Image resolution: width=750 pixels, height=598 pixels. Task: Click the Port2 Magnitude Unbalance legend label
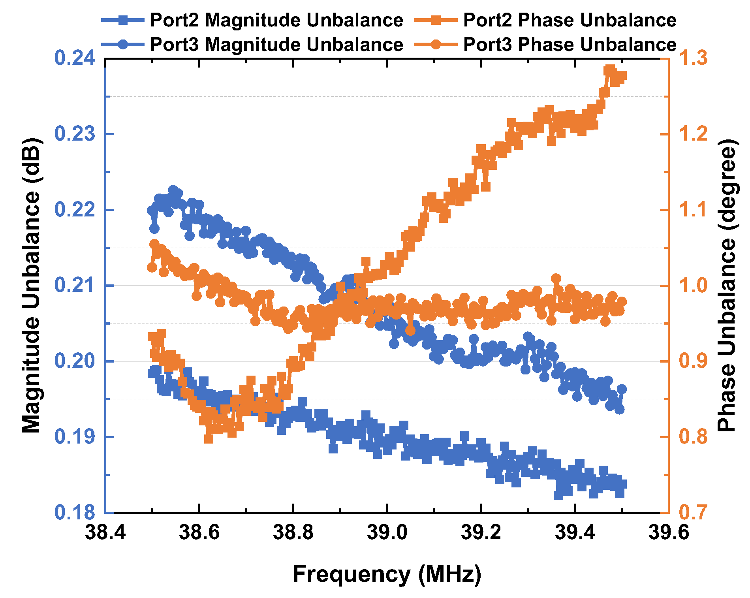point(276,20)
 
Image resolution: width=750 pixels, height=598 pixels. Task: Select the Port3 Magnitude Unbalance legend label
point(276,44)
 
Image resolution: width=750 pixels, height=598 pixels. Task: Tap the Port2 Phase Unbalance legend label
point(570,20)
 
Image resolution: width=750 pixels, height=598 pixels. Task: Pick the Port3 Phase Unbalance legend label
point(570,44)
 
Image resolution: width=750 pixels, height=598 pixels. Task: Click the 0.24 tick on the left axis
point(75,58)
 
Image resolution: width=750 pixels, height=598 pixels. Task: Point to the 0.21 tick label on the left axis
point(75,285)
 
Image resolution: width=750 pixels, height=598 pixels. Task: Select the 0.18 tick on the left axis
point(75,512)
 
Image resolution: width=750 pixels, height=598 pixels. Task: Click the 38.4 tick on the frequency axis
point(105,533)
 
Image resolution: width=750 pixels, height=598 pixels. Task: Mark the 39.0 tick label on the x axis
point(387,533)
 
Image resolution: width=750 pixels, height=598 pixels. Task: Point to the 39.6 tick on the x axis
point(669,533)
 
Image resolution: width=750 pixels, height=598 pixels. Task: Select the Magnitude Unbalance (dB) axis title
point(31,285)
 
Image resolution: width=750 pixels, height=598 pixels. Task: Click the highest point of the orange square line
point(610,70)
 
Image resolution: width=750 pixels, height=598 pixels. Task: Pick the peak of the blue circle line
point(173,190)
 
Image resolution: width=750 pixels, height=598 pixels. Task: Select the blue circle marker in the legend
point(123,44)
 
